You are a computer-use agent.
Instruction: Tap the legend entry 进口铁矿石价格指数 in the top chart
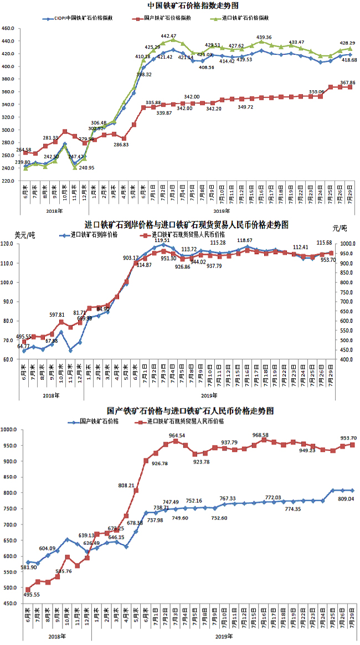click(x=246, y=18)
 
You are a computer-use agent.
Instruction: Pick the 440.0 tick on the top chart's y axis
click(x=9, y=41)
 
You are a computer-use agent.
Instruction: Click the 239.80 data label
click(x=16, y=162)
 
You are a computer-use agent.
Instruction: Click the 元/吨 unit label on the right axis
click(x=339, y=228)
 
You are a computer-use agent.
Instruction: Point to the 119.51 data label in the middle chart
click(x=162, y=240)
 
